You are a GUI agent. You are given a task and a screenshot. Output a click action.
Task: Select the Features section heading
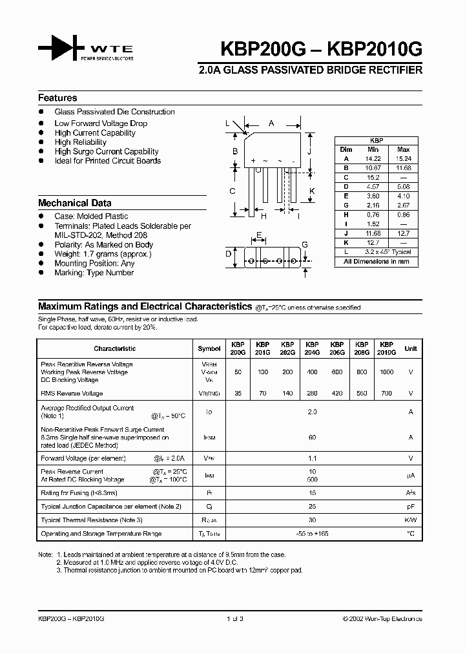click(x=57, y=98)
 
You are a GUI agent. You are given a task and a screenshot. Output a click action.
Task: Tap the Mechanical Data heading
click(x=75, y=202)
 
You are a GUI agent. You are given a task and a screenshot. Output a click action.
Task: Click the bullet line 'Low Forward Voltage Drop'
click(x=101, y=123)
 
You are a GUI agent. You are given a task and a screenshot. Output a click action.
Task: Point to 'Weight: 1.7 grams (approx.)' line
click(x=103, y=254)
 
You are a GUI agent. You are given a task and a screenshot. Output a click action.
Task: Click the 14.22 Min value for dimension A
click(x=373, y=158)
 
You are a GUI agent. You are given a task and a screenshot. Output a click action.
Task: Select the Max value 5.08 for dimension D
click(x=403, y=186)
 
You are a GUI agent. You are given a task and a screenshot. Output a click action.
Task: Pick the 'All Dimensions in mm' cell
click(x=377, y=262)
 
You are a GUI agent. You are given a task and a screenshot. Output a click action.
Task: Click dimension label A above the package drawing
click(x=271, y=123)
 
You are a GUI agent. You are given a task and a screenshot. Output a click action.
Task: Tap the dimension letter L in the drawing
click(x=227, y=123)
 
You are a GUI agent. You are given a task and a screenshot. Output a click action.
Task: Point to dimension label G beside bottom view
click(x=305, y=244)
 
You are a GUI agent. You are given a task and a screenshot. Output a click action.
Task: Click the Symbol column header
click(x=209, y=348)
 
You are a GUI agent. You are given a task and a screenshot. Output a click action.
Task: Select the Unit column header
click(x=411, y=348)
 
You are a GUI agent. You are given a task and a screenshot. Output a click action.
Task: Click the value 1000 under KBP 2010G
click(x=386, y=372)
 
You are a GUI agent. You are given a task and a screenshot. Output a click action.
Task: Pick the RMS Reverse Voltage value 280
click(x=312, y=393)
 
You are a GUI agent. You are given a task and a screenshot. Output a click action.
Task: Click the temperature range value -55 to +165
click(x=313, y=534)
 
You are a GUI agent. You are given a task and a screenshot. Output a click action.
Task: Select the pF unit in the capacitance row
click(x=411, y=506)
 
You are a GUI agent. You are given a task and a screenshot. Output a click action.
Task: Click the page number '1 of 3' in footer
click(x=235, y=618)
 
